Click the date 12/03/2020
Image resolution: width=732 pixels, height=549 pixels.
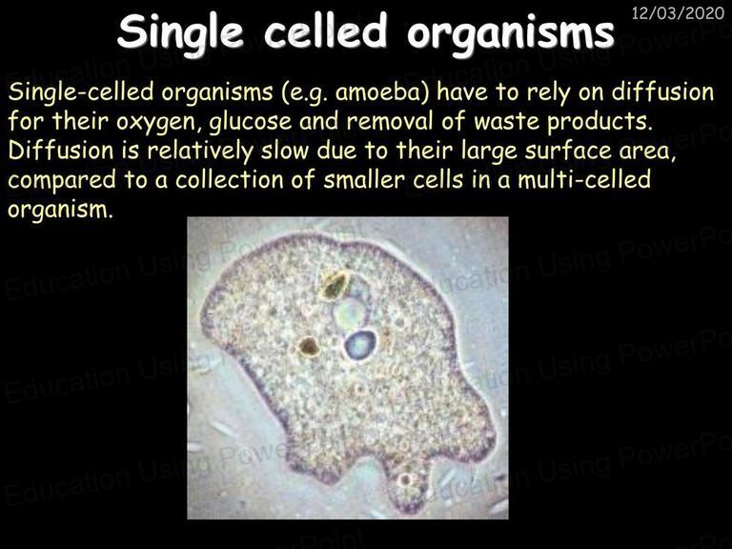[x=678, y=12]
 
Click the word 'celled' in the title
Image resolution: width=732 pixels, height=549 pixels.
[x=325, y=31]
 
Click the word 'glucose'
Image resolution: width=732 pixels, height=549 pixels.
[x=251, y=122]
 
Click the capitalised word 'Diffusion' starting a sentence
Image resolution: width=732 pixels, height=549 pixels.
[x=61, y=151]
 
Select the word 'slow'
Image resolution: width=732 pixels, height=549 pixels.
[x=285, y=151]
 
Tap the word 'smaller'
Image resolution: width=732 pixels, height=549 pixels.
[x=364, y=180]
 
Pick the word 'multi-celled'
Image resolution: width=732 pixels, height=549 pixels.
[x=584, y=180]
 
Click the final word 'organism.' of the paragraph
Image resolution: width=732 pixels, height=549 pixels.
[x=61, y=211]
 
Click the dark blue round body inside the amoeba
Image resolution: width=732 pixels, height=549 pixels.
[x=360, y=345]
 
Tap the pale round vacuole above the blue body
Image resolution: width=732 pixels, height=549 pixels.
[x=350, y=313]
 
